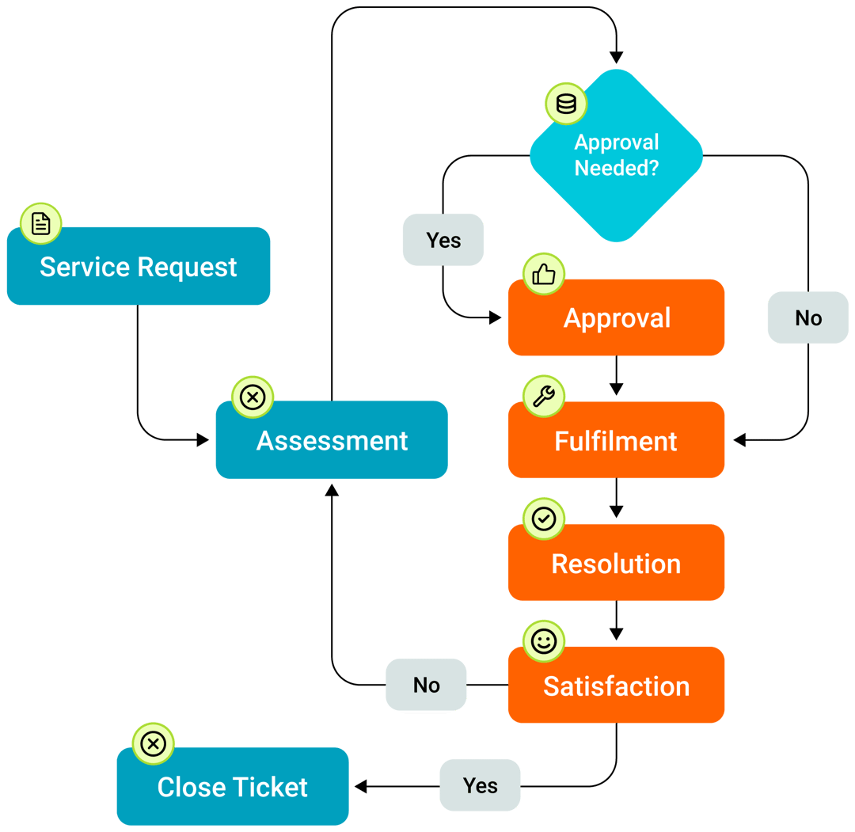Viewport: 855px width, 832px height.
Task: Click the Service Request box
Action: [x=139, y=267]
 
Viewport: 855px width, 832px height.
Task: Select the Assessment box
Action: [x=332, y=440]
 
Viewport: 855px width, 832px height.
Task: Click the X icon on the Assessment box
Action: [x=253, y=397]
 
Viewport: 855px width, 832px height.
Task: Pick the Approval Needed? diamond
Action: [x=616, y=156]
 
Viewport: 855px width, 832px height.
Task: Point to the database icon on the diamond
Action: [x=566, y=104]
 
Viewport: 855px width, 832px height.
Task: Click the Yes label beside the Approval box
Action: [x=443, y=240]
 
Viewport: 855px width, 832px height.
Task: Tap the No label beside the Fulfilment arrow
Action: [x=808, y=317]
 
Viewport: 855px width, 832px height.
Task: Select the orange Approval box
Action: [x=617, y=318]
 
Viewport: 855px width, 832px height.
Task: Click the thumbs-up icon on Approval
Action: [x=544, y=275]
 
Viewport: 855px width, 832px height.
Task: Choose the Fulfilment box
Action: [x=616, y=441]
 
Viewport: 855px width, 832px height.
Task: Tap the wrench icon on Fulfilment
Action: [x=544, y=397]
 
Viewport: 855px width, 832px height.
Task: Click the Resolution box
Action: [x=616, y=564]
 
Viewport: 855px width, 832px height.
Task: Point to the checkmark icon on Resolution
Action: [x=544, y=519]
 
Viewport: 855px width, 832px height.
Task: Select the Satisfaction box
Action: [x=616, y=686]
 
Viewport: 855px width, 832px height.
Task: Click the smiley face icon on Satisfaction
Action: [x=544, y=641]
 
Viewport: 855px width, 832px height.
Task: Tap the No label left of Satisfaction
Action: [x=426, y=685]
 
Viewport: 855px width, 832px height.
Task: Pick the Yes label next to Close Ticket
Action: [x=480, y=785]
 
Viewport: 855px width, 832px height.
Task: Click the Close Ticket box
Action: [x=233, y=787]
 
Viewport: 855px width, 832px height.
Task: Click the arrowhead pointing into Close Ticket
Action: [x=360, y=786]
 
